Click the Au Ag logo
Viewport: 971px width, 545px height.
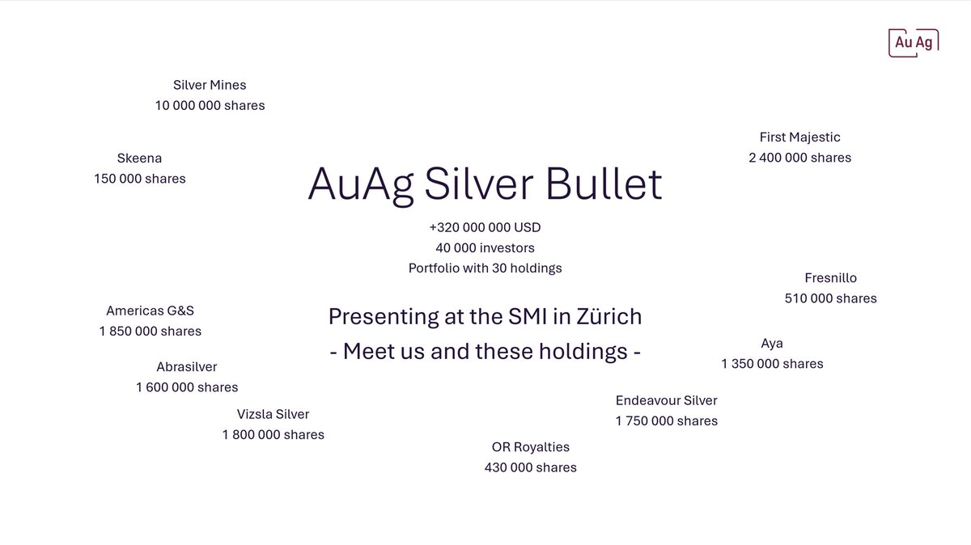[913, 42]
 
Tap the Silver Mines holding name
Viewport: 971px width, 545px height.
[210, 85]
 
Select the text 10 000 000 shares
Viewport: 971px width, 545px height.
[210, 105]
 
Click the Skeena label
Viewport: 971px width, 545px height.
[139, 158]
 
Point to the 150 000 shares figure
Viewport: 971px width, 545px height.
[139, 179]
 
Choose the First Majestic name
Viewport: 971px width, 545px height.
[799, 137]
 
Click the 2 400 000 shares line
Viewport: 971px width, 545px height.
[799, 158]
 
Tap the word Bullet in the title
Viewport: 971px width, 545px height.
[604, 185]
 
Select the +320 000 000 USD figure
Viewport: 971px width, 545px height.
[485, 227]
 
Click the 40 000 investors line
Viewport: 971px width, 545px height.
[485, 247]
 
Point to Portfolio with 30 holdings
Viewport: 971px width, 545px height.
[485, 268]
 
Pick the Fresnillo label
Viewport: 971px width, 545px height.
[830, 278]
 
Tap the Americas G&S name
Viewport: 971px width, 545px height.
[150, 311]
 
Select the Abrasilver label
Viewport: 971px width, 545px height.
[187, 367]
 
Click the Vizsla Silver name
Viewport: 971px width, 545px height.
[273, 414]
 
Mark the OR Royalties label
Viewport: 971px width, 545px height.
[530, 447]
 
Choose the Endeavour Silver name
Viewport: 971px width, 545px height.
[666, 400]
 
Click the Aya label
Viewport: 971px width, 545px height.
[772, 343]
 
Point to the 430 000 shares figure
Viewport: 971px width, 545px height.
[530, 467]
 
